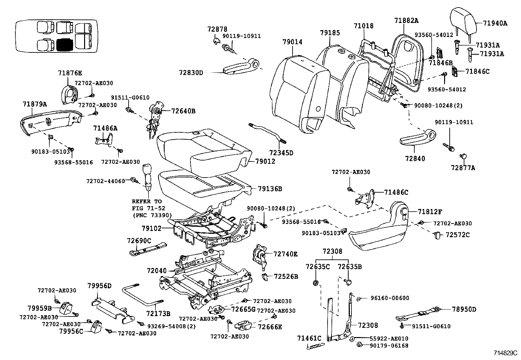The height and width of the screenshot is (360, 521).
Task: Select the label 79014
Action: click(x=293, y=42)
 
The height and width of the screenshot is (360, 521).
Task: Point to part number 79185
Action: click(x=330, y=33)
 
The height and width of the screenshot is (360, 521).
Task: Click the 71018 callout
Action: click(x=363, y=26)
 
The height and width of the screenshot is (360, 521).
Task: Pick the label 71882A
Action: click(x=406, y=20)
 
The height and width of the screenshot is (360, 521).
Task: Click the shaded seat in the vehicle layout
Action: click(x=64, y=44)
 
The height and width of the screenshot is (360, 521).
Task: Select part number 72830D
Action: click(x=191, y=72)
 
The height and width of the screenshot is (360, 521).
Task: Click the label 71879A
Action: click(x=35, y=104)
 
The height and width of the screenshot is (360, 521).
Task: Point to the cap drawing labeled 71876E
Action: click(x=69, y=93)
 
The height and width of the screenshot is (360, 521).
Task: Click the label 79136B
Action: click(x=270, y=189)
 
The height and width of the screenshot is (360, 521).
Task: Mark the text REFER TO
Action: click(x=147, y=201)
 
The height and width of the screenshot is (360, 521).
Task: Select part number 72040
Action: click(x=157, y=271)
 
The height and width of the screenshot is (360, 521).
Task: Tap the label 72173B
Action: click(x=158, y=313)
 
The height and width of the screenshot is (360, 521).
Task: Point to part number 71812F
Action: click(x=430, y=212)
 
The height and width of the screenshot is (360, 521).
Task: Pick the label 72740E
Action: click(x=286, y=254)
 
